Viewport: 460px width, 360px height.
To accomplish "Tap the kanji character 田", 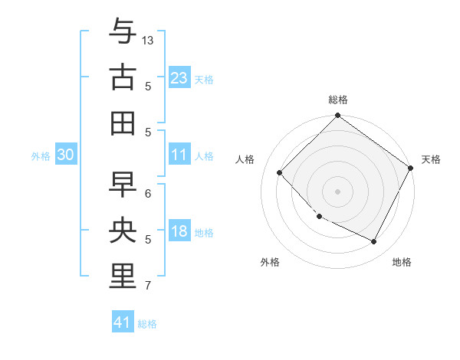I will coord(123,123).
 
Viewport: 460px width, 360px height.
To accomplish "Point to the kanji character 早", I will coord(123,184).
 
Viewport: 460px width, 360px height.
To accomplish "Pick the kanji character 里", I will coord(123,276).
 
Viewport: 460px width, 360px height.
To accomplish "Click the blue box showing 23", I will coord(179,77).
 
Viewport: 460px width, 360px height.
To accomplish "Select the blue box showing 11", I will coord(179,155).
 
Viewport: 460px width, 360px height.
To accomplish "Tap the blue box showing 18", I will coord(179,232).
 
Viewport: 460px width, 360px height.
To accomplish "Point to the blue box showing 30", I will coord(65,155).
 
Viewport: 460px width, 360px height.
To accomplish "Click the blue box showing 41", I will coord(123,322).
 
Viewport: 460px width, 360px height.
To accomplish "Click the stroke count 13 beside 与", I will coord(148,39).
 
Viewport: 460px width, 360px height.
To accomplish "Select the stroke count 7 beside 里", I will coord(148,286).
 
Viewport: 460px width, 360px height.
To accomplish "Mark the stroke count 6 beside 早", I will coord(148,193).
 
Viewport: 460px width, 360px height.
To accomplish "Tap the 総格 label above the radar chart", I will coord(338,100).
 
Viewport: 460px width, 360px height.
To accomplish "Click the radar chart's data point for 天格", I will coord(410,168).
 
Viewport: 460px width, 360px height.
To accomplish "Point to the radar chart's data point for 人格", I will coord(280,172).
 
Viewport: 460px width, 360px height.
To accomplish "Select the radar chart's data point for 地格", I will coord(374,241).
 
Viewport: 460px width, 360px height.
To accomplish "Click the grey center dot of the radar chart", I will coord(338,191).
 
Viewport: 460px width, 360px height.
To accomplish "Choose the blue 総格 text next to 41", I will coord(147,324).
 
